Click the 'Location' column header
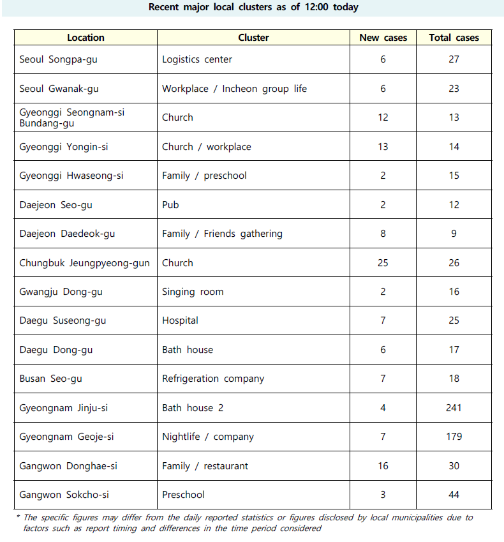pos(85,38)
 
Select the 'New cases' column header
pos(383,38)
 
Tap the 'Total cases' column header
pos(454,38)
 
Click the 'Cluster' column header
pos(253,38)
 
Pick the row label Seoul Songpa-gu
pos(58,59)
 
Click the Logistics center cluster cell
pos(197,59)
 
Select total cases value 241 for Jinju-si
pos(454,408)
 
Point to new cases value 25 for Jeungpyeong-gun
pos(383,263)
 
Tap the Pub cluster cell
pos(170,205)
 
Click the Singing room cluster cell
pos(193,292)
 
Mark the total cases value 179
pos(454,437)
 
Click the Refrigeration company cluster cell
pos(213,379)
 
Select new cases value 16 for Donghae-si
pos(383,466)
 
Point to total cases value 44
pos(454,495)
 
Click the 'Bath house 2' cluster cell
pos(193,408)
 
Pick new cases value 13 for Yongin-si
pos(383,147)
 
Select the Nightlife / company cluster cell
pos(208,437)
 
